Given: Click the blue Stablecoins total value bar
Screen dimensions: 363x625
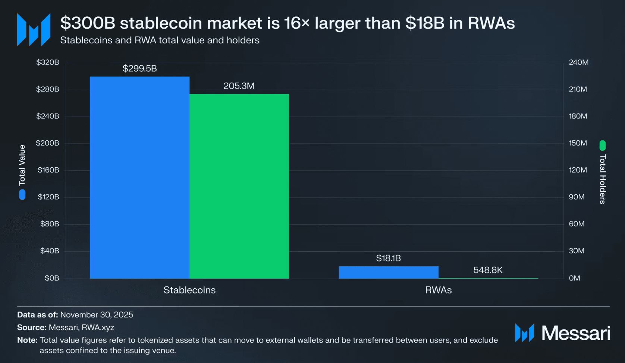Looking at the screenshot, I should tap(139, 177).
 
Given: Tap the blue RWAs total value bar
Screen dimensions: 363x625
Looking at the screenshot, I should tap(388, 272).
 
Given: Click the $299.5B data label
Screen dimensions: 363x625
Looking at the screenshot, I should tap(139, 69).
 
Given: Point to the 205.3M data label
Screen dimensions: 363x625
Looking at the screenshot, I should tap(239, 86).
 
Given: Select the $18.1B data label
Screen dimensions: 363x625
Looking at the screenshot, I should tap(388, 258).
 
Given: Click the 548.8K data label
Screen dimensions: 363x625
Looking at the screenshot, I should tap(488, 270).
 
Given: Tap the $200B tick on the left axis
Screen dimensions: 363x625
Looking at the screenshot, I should tap(47, 143).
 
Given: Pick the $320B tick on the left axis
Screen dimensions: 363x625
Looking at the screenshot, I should tap(47, 62).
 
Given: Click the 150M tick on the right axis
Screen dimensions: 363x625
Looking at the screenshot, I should tap(578, 143).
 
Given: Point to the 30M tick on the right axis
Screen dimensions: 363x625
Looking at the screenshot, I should tap(577, 251).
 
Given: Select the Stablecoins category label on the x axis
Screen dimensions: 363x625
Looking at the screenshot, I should tap(189, 290).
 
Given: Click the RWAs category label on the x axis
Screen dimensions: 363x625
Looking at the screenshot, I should tap(438, 290).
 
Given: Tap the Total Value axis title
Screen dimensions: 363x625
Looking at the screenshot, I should tap(22, 165).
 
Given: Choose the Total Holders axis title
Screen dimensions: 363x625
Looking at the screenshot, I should tap(602, 179).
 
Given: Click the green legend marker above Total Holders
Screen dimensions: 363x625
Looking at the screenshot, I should tap(602, 145).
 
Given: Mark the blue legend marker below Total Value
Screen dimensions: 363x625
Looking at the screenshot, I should tap(22, 195).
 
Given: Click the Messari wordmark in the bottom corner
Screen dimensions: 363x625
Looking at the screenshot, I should tap(575, 333).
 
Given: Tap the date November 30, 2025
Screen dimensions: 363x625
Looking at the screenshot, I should tap(97, 315).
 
